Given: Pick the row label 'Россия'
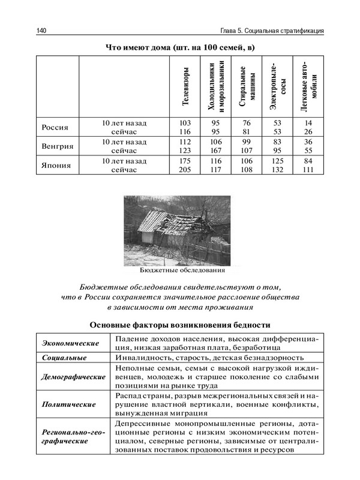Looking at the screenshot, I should (55, 127).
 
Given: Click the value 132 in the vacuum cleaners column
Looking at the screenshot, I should (277, 170).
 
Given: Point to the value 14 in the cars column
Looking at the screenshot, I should (308, 123).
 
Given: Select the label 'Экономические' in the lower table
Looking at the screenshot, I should (70, 343).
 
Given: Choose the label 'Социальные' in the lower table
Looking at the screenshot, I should (64, 358).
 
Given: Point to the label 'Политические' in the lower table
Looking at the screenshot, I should (66, 406).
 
